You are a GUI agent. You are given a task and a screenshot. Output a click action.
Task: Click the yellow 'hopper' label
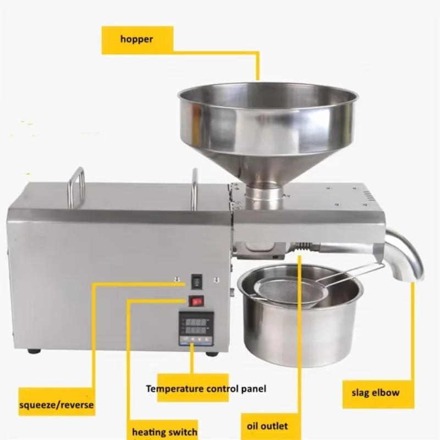point(136,39)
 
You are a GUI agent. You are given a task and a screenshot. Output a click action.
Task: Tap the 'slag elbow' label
point(375,393)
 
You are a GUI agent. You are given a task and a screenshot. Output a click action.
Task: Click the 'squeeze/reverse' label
point(56,405)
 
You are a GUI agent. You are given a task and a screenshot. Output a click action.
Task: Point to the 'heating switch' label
point(164,431)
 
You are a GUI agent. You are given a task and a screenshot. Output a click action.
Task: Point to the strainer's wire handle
point(352,273)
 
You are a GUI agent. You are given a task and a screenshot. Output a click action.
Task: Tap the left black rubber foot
point(34,350)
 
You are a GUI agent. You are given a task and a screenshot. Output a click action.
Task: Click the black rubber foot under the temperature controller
point(212,353)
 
